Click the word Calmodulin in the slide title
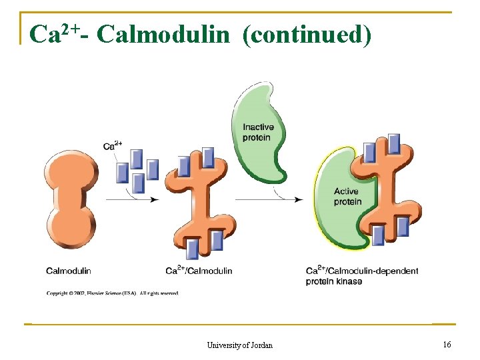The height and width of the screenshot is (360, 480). pos(162,34)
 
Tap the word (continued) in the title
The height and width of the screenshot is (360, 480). pos(307,34)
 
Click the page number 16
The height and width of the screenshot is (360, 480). pos(447,344)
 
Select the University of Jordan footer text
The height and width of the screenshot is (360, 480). pos(239,345)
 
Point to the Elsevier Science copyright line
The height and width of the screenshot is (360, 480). pos(112,293)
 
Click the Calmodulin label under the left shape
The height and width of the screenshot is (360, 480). pos(68,271)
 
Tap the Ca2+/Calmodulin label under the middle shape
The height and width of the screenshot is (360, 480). pos(199,271)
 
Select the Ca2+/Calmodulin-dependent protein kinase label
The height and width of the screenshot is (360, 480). pos(362,275)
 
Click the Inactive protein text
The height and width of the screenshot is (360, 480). pos(257,132)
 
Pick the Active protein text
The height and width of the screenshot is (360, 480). pos(347,197)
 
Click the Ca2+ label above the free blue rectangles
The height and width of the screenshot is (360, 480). pos(113,145)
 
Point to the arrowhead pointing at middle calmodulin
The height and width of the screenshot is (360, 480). pos(155,199)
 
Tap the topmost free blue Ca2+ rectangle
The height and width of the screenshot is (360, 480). pos(137,159)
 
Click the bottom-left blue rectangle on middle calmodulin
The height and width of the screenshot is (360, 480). pos(193,249)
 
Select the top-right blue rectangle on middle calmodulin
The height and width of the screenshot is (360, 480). pos(208,157)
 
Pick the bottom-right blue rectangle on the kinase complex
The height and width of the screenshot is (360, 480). pos(403,227)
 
